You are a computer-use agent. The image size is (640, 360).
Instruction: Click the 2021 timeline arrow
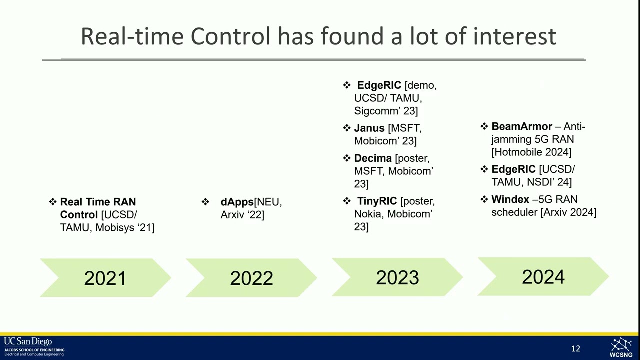pos(105,278)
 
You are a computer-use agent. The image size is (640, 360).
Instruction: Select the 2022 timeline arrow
pos(251,278)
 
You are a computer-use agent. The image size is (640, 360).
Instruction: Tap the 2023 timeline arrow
pos(397,277)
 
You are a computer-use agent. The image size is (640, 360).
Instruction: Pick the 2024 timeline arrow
pos(543,276)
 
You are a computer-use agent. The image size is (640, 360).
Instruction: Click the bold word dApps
pos(237,202)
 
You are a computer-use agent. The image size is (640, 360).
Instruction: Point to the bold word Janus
pos(369,128)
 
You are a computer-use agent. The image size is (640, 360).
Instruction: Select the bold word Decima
pos(373,158)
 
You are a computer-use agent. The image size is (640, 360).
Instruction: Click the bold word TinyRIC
pos(377,201)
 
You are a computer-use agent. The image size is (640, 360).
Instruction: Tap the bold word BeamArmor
pos(522,127)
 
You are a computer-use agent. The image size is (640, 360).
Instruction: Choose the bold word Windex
pos(510,200)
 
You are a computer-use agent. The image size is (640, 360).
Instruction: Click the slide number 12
pos(576,349)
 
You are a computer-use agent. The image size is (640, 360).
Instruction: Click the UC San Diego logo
pos(34,347)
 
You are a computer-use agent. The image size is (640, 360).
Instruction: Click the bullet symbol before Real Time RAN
pos(53,202)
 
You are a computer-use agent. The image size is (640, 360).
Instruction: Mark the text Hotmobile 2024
pos(532,152)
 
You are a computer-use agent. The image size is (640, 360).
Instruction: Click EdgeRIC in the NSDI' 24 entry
pos(513,170)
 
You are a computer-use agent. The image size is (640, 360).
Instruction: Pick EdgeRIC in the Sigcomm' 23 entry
pos(379,85)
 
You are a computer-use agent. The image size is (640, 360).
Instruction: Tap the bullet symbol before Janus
pos(347,128)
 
